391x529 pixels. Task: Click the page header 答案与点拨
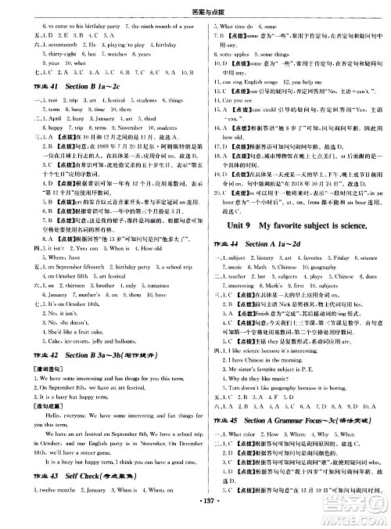coord(195,7)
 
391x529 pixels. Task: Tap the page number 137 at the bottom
coord(196,520)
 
